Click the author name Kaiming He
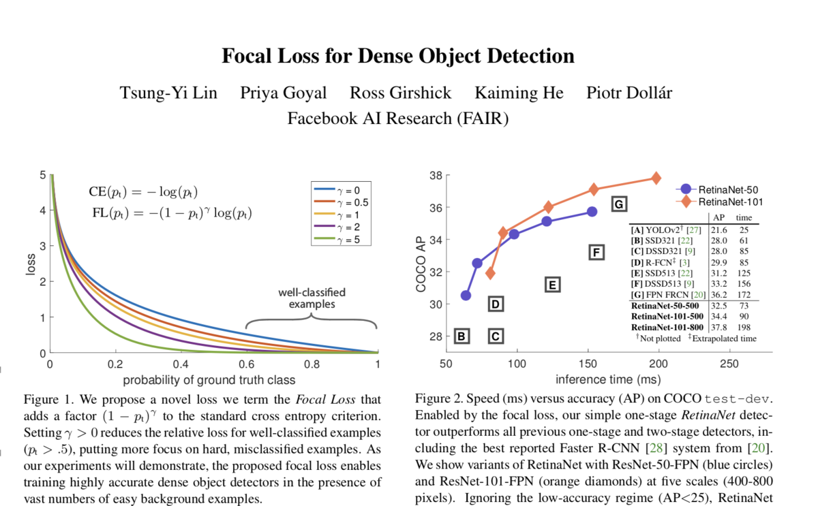(x=519, y=93)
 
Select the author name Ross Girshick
(x=400, y=93)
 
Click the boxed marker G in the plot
(x=618, y=204)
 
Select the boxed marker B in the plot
(x=461, y=336)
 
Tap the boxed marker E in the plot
(x=553, y=285)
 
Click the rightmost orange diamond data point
(x=656, y=178)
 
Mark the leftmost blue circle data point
(x=466, y=295)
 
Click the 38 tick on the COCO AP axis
(x=435, y=176)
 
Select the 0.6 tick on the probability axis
(x=246, y=364)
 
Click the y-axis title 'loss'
(x=31, y=264)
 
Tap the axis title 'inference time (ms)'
(x=603, y=379)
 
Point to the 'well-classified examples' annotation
(x=311, y=298)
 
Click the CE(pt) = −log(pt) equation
(x=144, y=192)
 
